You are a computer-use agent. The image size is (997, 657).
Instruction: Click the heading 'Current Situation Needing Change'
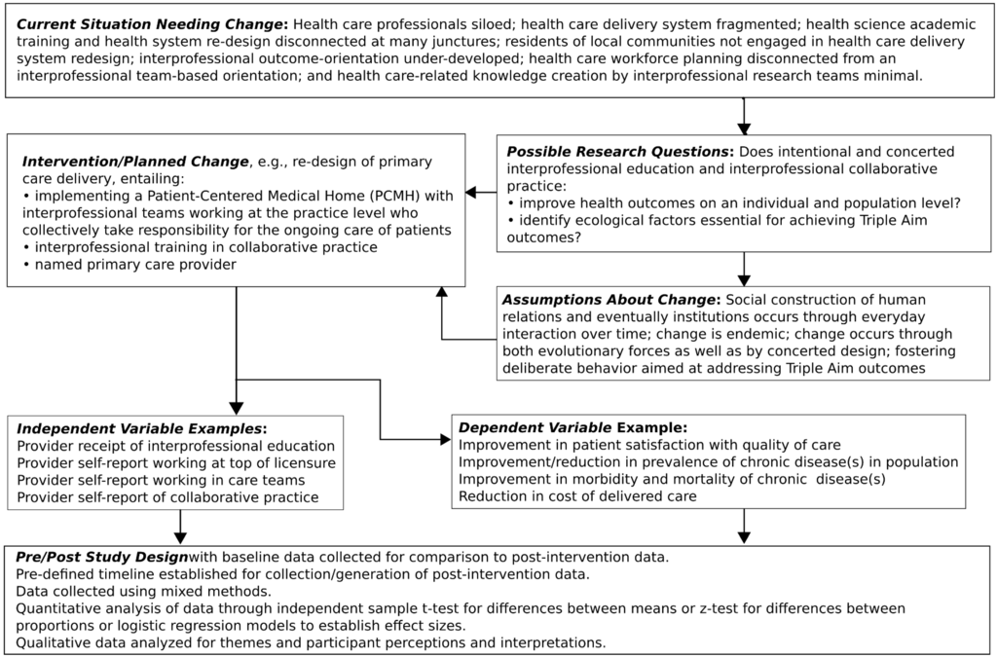coord(151,22)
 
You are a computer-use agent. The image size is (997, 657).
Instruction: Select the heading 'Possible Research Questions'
coord(620,152)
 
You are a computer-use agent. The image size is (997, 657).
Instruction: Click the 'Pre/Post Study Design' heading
coord(100,557)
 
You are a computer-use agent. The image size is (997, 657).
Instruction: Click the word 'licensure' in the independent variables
coord(300,462)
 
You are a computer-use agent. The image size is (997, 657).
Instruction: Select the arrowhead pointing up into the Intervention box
coord(442,293)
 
